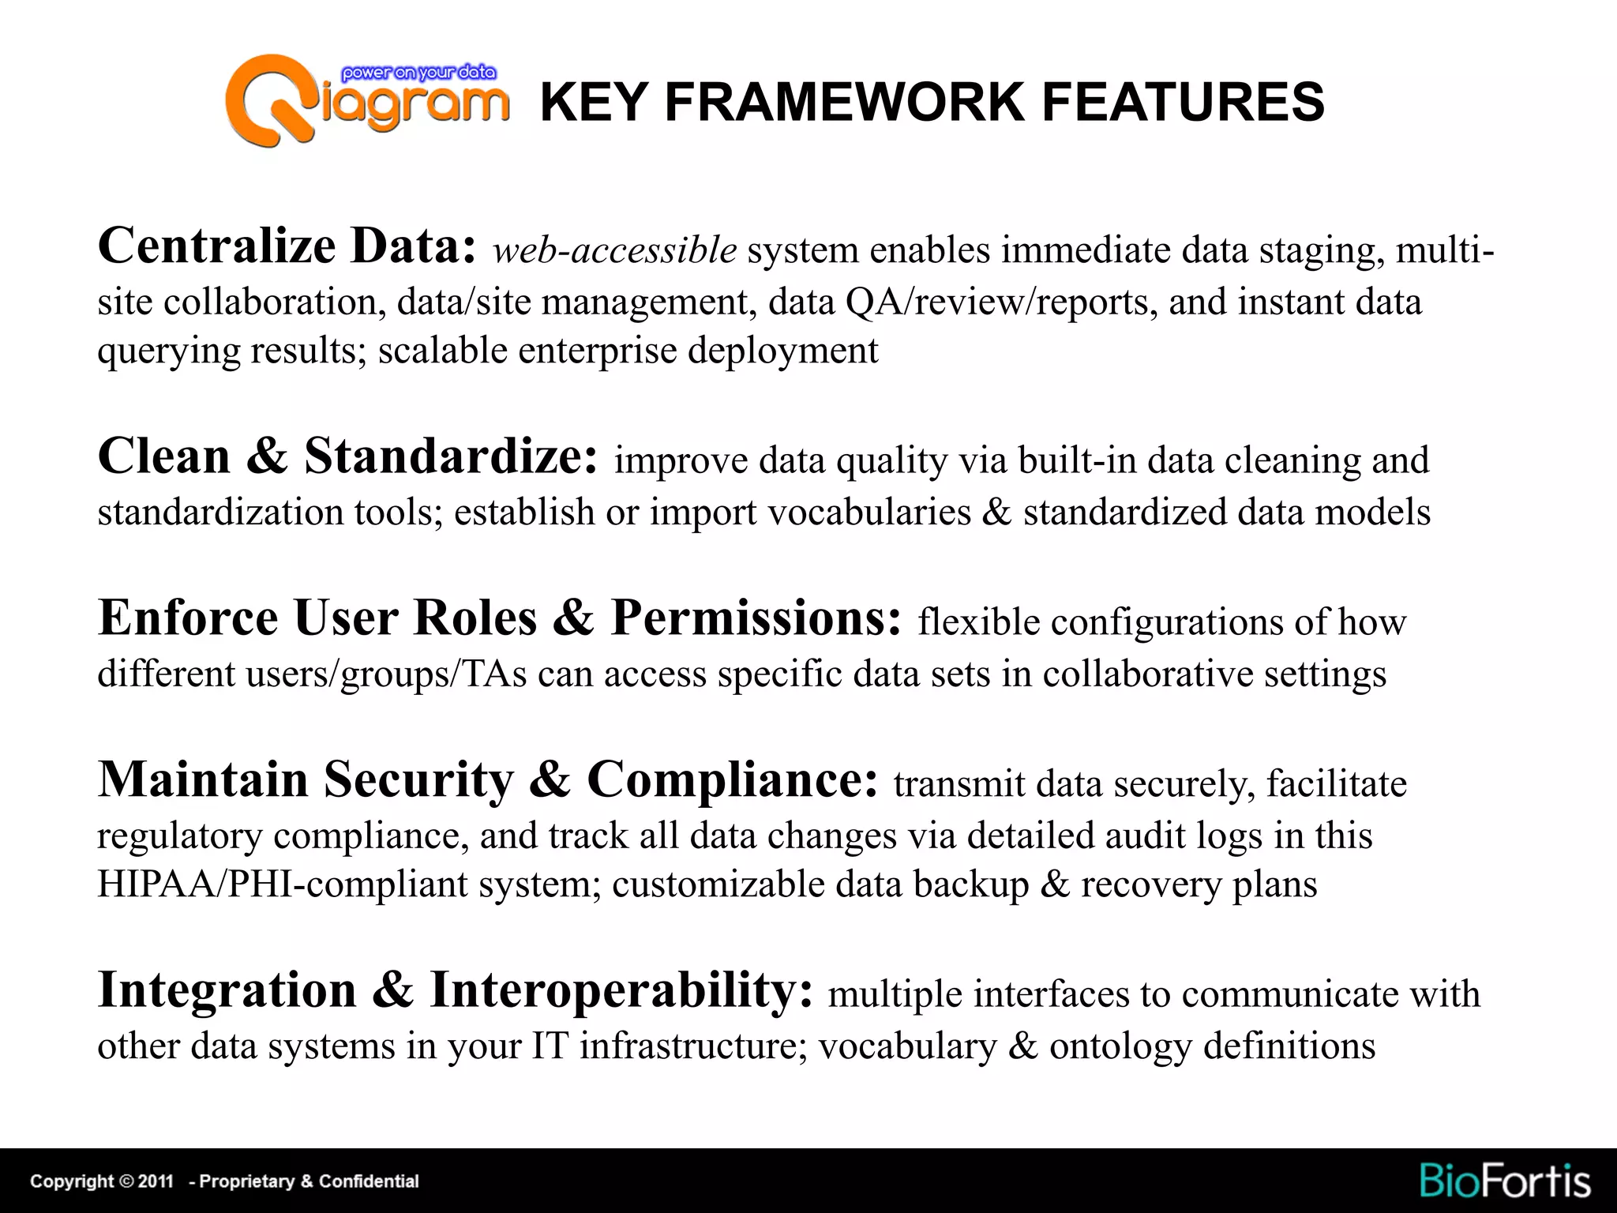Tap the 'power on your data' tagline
[418, 73]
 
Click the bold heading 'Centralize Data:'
[287, 246]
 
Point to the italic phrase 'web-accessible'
[614, 250]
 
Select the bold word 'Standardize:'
[451, 456]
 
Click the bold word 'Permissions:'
[756, 618]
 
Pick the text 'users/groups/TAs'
[386, 674]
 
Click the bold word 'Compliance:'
[732, 779]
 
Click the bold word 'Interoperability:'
[621, 990]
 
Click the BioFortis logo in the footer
[1505, 1181]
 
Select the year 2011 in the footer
[156, 1181]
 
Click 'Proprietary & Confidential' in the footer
[309, 1181]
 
